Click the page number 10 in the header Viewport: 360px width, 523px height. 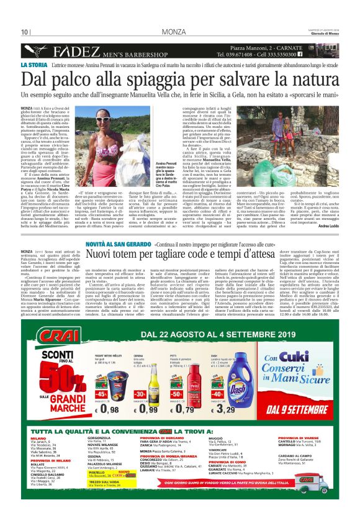coord(24,32)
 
